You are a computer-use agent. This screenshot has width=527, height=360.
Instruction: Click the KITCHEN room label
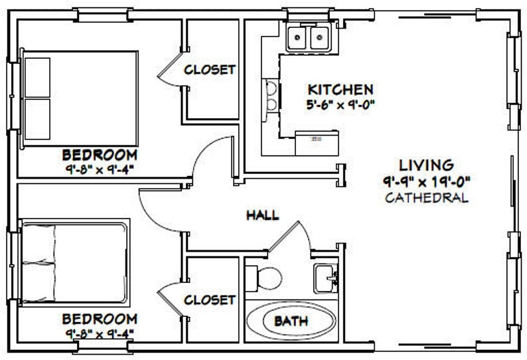(340, 89)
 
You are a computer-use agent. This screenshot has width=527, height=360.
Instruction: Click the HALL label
(262, 215)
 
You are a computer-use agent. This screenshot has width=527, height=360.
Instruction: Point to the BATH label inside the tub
(291, 321)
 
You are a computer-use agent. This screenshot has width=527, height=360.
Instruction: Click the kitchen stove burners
(271, 95)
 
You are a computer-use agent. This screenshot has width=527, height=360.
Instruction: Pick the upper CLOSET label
(210, 69)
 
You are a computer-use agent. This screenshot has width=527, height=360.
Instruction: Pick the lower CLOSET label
(210, 300)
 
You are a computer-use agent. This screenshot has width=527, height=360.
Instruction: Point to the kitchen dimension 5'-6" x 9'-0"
(340, 104)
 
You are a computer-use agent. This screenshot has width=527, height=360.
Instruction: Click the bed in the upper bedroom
(80, 98)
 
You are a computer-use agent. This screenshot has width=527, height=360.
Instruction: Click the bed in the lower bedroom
(74, 263)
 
